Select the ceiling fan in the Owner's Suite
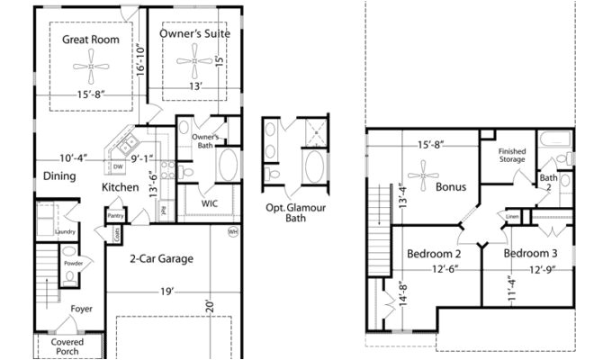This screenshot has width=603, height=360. click(195, 64)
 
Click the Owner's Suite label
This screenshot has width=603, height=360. click(194, 34)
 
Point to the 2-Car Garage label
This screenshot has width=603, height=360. click(160, 259)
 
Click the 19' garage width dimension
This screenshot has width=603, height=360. click(168, 292)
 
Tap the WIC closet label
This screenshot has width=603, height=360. click(210, 203)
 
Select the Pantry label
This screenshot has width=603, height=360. click(115, 216)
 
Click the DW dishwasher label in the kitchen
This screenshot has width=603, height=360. click(118, 166)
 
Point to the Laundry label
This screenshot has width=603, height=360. click(65, 231)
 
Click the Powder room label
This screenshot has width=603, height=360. click(73, 264)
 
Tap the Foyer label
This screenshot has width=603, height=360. click(82, 309)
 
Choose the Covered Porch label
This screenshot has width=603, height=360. click(67, 347)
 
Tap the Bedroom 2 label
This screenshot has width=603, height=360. click(434, 254)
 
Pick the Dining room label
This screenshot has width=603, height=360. click(59, 176)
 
